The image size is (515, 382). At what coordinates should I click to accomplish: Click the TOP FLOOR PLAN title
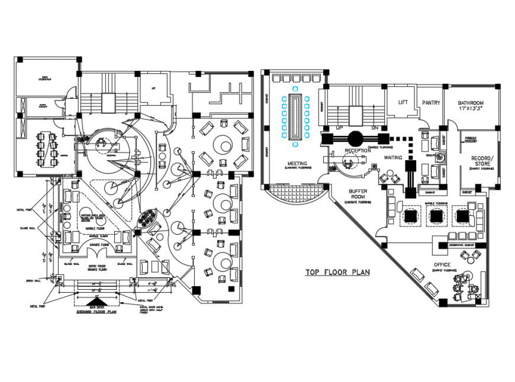click(337, 273)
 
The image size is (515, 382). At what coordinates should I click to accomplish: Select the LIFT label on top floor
click(403, 102)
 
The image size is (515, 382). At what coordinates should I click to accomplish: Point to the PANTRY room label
click(431, 102)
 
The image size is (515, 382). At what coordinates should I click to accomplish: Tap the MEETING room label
click(297, 163)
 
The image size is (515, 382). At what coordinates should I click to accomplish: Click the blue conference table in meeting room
click(295, 118)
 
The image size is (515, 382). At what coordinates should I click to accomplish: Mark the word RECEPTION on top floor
click(358, 151)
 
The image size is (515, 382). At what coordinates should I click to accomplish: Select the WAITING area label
click(394, 157)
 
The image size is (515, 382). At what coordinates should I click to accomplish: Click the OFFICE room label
click(442, 264)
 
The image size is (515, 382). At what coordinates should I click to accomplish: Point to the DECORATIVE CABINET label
click(462, 244)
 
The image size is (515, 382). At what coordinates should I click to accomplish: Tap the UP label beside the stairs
click(340, 128)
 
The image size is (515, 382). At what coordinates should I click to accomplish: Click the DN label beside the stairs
click(373, 128)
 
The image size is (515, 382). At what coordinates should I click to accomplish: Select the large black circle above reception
click(355, 138)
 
